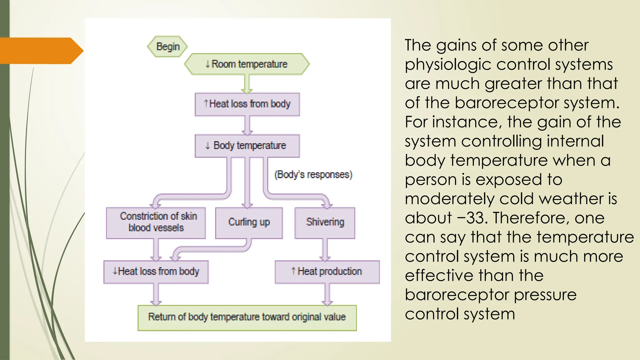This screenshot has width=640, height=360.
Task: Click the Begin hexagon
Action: [167, 47]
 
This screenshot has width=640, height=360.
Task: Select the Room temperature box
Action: [247, 64]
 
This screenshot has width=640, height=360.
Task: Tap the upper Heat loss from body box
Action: [247, 104]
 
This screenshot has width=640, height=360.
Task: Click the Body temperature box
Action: [247, 146]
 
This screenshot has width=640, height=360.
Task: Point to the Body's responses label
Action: [313, 174]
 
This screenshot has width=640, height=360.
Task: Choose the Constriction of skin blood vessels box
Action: [156, 222]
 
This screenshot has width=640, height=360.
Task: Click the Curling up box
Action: [249, 222]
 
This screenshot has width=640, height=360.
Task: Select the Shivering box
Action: [325, 222]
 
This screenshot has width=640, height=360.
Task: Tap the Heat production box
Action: [327, 272]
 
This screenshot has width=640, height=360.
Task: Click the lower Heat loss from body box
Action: [156, 272]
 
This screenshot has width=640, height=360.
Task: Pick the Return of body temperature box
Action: [247, 317]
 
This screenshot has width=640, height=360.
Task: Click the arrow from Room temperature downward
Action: [247, 84]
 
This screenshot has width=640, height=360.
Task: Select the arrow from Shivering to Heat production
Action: [325, 249]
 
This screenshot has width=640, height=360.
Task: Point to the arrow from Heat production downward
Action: [327, 294]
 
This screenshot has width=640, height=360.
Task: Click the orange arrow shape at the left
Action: [41, 51]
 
